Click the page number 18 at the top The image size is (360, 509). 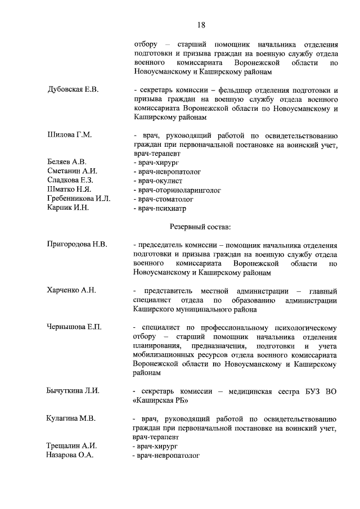pos(201,24)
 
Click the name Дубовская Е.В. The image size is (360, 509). pos(73,90)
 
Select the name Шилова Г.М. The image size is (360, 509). pos(69,135)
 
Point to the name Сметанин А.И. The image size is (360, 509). pos(73,171)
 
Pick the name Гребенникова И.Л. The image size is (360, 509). pos(79,199)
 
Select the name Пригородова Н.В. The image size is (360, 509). pos(77,245)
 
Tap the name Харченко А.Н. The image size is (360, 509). pos(71,290)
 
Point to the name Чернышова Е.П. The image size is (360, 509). pos(74,327)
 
